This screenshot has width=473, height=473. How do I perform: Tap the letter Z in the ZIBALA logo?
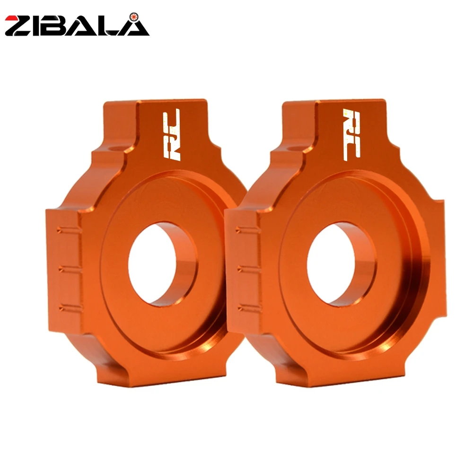19,26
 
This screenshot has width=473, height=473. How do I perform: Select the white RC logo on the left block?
171,134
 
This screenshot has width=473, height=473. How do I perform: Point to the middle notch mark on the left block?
70,269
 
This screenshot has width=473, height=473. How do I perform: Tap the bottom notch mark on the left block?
70,308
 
